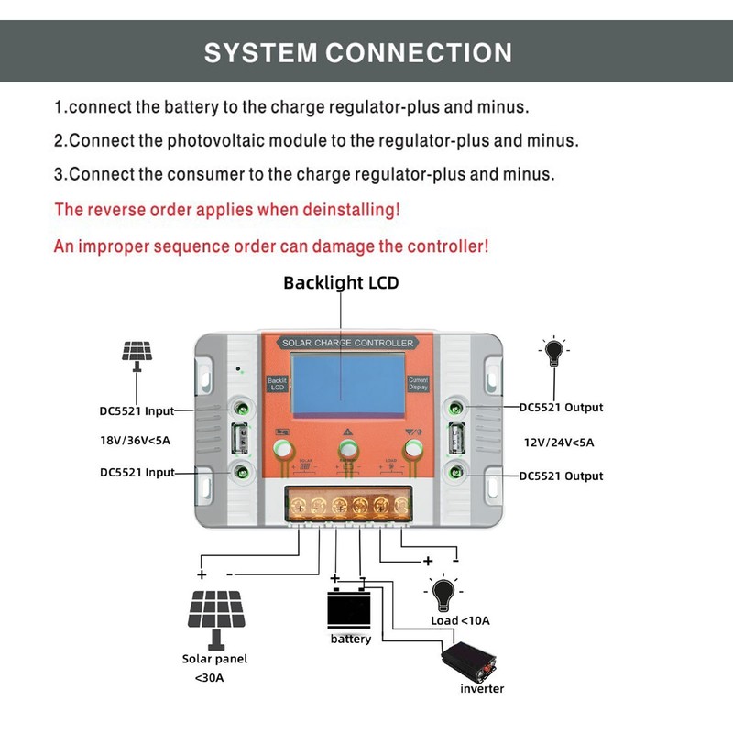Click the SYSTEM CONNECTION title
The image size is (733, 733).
[x=357, y=52]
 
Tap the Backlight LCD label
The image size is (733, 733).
[x=341, y=282]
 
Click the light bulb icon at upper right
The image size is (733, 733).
[x=552, y=353]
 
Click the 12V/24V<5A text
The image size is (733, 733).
[x=558, y=442]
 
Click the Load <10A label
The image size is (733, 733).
[x=460, y=620]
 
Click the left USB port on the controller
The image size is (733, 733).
[x=239, y=441]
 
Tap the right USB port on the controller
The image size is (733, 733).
[x=455, y=441]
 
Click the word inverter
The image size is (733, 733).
[x=482, y=688]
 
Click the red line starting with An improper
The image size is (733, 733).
[x=271, y=246]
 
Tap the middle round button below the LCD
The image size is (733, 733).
[x=347, y=449]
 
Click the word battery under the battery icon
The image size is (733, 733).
[x=351, y=639]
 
